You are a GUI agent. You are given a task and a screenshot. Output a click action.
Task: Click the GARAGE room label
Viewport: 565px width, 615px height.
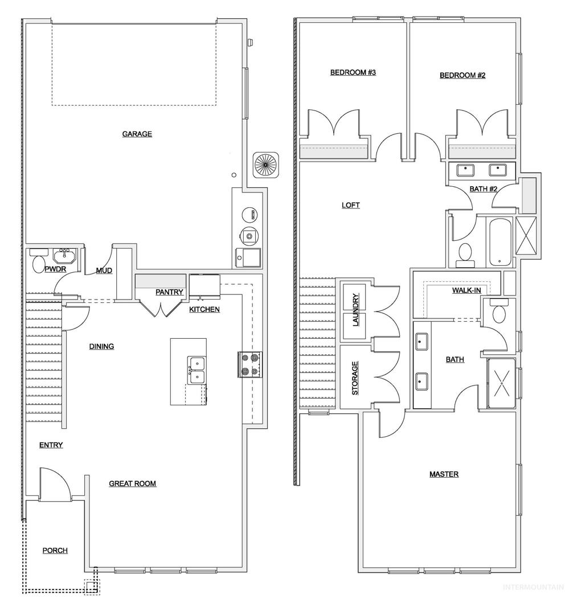pos(137,134)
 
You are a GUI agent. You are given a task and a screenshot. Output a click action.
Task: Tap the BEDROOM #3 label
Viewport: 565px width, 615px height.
pos(353,72)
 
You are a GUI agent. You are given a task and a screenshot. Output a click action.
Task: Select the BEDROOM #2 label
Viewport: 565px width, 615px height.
pos(462,75)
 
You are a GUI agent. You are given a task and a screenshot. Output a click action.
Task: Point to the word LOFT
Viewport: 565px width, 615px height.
pos(351,205)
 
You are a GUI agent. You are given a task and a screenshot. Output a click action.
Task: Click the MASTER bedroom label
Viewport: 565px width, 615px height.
pos(444,474)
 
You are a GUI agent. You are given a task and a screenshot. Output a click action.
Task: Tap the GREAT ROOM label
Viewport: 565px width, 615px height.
pos(133,483)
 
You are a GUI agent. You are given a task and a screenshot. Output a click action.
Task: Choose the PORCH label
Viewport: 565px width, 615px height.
pos(55,550)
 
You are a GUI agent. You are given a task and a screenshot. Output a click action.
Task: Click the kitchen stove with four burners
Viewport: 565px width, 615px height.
pos(250,365)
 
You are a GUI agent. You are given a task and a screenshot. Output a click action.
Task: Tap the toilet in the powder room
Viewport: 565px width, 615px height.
pos(39,264)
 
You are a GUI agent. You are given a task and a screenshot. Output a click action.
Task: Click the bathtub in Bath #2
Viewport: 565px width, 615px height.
pos(500,241)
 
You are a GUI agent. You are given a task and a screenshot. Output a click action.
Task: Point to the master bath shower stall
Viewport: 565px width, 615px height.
pos(501,383)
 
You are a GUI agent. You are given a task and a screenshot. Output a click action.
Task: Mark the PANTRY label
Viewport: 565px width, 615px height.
pos(169,292)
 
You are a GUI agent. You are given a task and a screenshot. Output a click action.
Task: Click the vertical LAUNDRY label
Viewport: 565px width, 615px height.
pos(356,310)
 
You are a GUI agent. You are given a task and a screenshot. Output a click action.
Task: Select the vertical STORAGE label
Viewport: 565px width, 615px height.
pos(355,378)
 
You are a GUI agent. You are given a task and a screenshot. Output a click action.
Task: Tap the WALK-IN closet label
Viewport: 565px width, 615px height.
pos(466,290)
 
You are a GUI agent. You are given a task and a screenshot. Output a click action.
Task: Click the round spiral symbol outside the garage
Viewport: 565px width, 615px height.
pos(266,165)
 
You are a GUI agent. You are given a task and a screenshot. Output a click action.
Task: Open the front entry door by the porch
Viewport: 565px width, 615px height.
pos(55,485)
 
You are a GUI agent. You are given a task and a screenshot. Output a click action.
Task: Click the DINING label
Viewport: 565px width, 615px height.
pos(101,346)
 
